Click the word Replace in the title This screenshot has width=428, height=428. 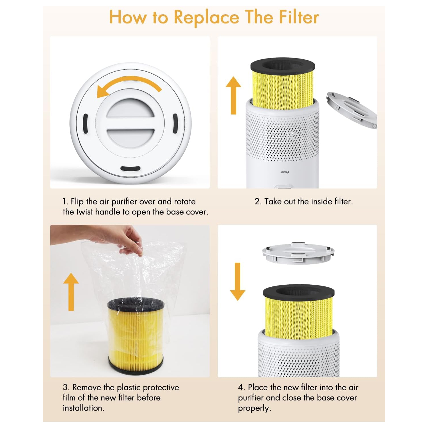(x=206, y=18)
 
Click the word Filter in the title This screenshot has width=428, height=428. (x=299, y=17)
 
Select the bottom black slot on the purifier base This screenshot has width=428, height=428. (x=130, y=168)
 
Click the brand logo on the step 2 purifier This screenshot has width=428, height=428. (x=285, y=172)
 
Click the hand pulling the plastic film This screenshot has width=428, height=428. (x=123, y=238)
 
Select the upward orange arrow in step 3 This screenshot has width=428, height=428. (x=71, y=292)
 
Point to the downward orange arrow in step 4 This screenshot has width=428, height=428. (x=237, y=282)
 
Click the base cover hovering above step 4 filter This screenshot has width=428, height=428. (x=298, y=253)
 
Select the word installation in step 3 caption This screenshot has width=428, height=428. (x=83, y=408)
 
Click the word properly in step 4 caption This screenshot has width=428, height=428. (x=254, y=408)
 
